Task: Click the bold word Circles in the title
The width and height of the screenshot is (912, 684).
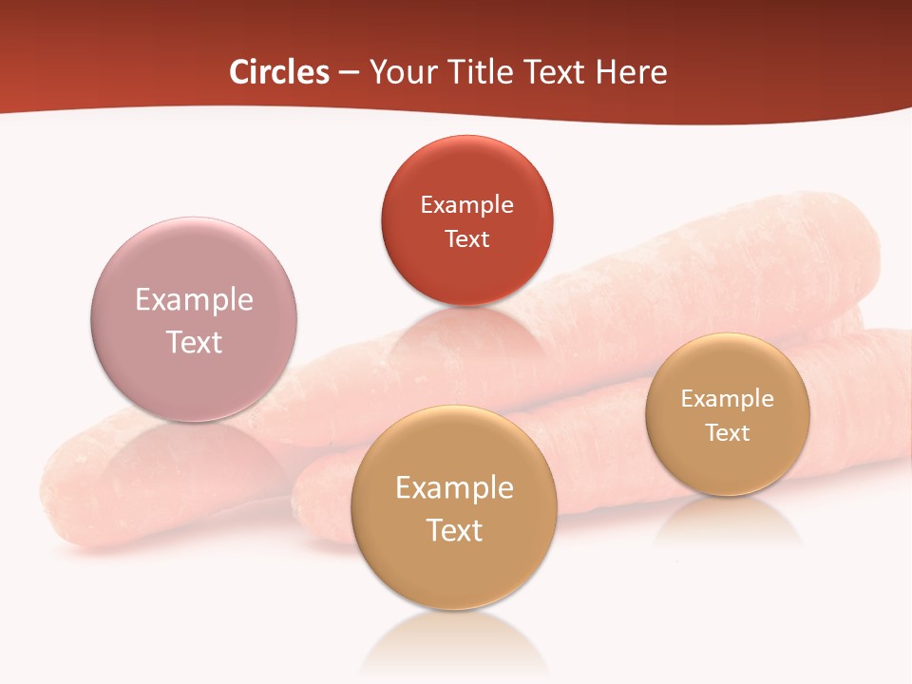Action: pos(279,72)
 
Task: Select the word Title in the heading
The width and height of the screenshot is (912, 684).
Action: pos(483,72)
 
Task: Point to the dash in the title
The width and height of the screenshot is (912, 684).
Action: pos(349,73)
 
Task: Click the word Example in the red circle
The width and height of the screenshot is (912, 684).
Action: pos(466,204)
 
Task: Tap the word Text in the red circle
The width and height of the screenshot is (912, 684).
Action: pos(466,238)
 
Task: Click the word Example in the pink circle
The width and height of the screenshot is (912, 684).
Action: pos(194,299)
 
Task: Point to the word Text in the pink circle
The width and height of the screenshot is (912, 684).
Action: pos(194,342)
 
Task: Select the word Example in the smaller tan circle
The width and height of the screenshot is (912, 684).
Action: pos(727,398)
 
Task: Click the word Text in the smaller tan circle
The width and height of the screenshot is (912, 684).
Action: pos(727,432)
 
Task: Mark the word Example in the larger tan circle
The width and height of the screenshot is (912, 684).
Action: pos(454,487)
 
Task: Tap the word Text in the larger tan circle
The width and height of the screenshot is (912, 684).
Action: pos(454,530)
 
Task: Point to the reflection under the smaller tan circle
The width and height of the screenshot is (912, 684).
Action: pos(728,522)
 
